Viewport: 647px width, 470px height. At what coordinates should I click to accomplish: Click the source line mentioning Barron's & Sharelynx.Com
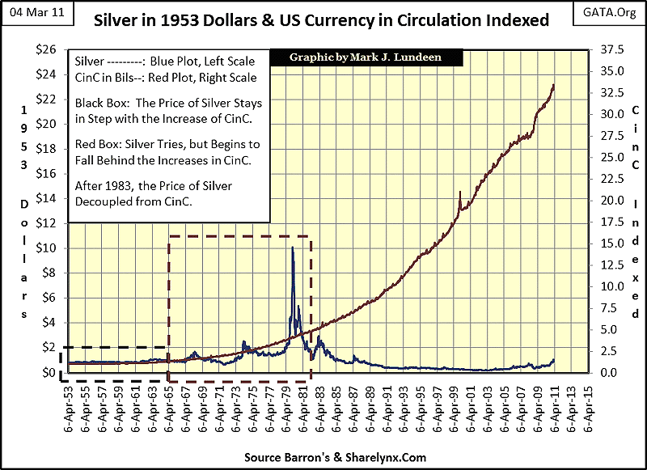point(323,457)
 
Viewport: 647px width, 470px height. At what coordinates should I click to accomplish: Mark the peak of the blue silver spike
point(291,247)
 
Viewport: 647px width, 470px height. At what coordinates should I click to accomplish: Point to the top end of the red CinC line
point(553,84)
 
